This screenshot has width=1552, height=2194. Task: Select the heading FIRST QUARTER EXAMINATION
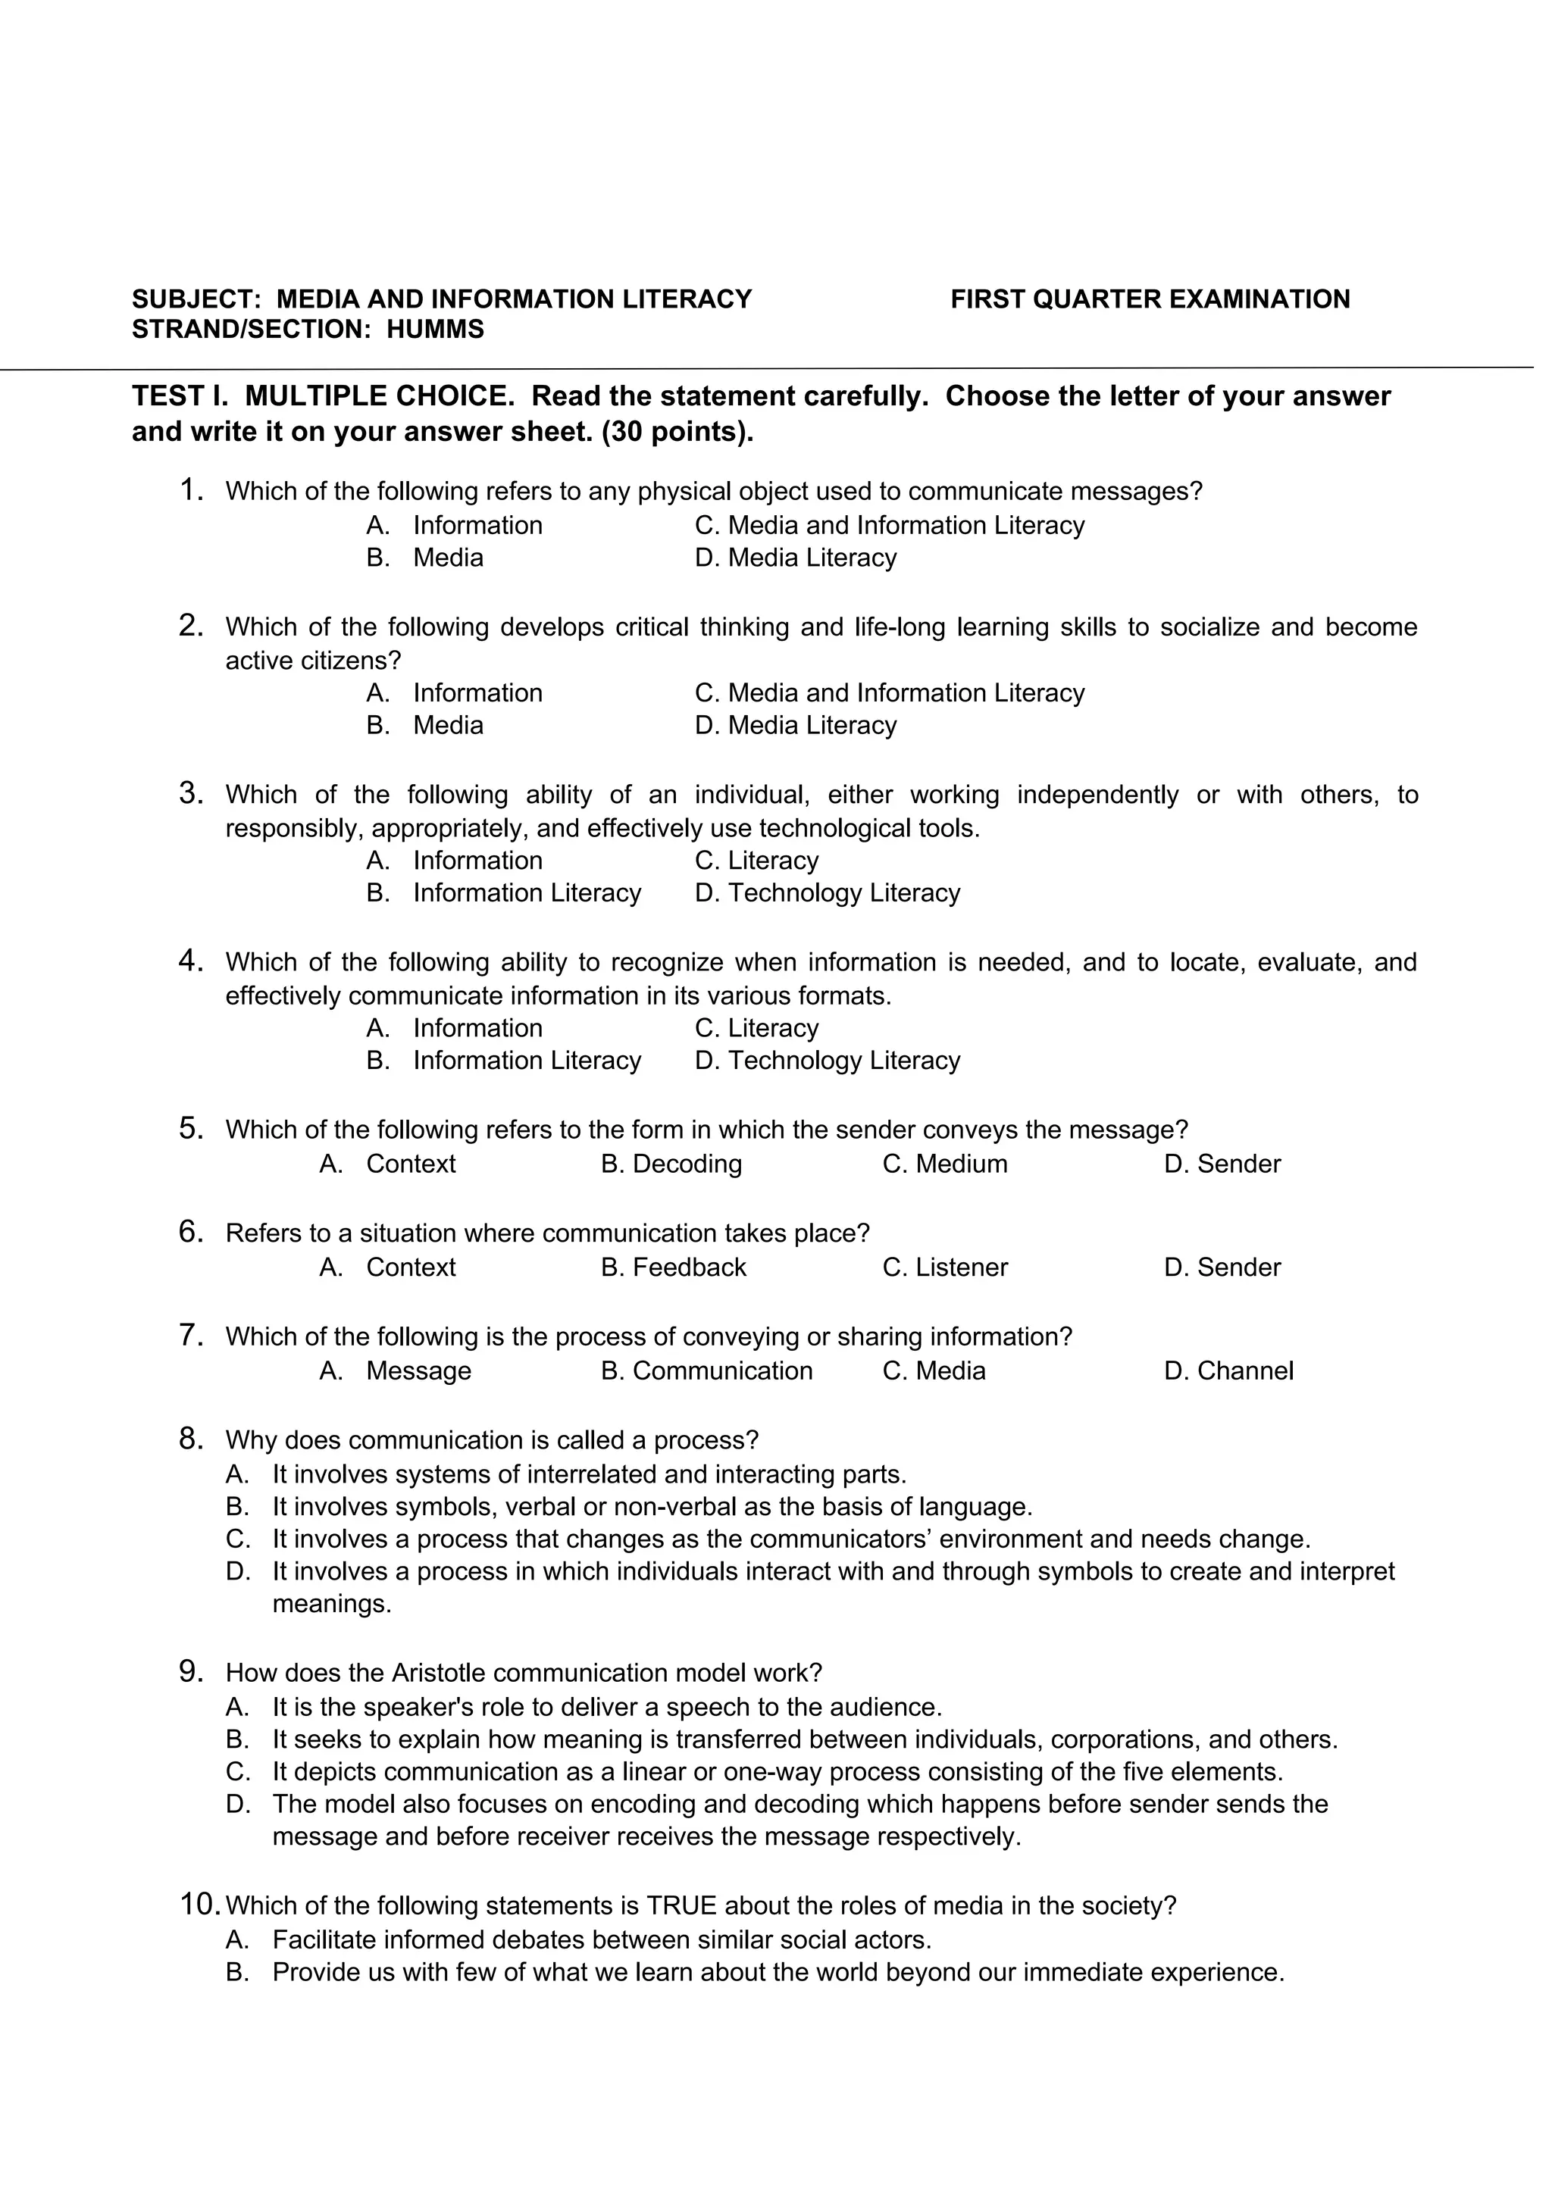point(1163,302)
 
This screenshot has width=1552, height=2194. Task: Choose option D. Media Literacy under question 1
point(805,564)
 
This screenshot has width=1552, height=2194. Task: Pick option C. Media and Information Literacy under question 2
point(900,701)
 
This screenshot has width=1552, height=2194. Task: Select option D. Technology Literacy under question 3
point(837,903)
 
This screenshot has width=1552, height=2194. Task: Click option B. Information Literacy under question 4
point(509,1072)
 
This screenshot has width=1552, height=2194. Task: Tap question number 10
point(201,1927)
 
